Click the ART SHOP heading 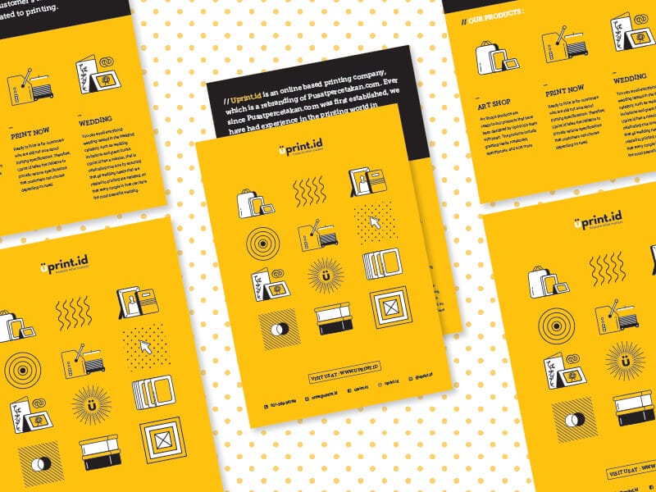coord(494,107)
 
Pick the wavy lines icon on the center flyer coord(308,192)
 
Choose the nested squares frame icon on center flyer coord(387,307)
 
